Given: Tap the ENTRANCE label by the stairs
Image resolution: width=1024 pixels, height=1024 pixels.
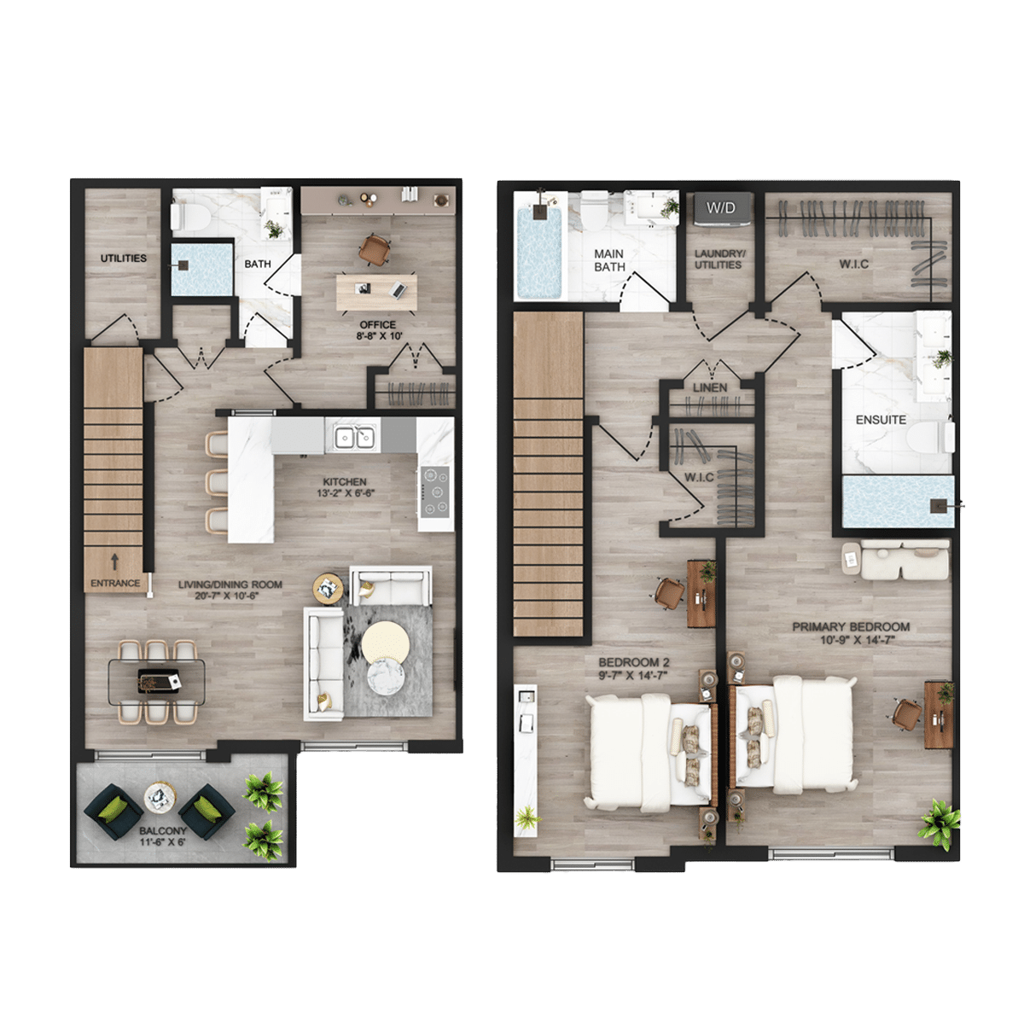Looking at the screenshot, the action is point(115,583).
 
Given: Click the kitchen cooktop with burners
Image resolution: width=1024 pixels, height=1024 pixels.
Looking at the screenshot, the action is point(435,492).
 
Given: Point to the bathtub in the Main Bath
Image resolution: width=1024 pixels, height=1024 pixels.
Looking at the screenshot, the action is point(539,253).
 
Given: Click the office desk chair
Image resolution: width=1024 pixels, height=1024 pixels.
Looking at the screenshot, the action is point(375,250).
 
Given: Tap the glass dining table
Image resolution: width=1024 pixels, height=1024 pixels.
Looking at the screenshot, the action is point(157,683).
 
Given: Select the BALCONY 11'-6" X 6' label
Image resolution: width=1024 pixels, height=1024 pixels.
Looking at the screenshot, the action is point(163,836).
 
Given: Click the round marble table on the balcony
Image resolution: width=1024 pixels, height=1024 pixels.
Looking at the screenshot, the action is point(160,797).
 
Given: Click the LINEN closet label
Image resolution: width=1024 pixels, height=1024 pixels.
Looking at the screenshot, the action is point(710,387).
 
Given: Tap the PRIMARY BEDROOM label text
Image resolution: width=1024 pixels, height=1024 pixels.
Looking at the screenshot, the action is point(852,627).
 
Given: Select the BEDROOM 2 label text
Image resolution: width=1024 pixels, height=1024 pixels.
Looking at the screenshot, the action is point(634,663).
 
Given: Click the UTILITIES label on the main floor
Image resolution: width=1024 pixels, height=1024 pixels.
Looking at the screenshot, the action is point(124,259).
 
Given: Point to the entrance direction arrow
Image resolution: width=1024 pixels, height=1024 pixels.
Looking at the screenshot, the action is point(115,561).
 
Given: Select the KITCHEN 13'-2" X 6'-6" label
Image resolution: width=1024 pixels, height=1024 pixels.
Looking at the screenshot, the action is point(346,487).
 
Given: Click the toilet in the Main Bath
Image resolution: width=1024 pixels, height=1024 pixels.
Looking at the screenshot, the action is point(594,211).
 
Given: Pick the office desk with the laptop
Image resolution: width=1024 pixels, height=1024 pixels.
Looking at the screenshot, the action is point(377,292).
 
